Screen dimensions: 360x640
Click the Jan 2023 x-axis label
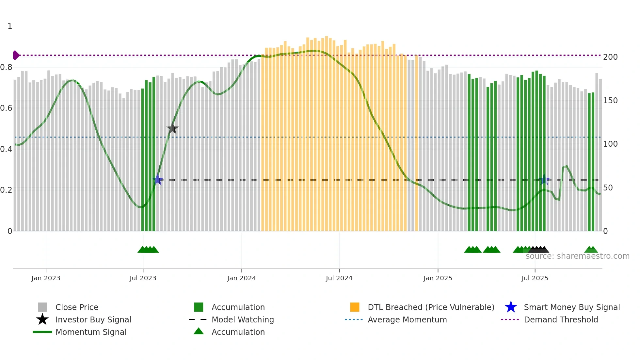(x=46, y=278)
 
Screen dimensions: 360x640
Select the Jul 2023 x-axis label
(x=143, y=278)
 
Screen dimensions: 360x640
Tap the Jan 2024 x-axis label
(x=241, y=278)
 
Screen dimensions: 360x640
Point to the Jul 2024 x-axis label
(x=339, y=278)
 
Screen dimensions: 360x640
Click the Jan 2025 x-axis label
(x=438, y=278)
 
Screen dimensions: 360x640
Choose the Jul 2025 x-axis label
(x=535, y=278)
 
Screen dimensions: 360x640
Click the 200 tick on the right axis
(x=610, y=57)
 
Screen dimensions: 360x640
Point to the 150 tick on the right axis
(x=610, y=101)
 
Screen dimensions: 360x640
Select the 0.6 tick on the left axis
(x=6, y=108)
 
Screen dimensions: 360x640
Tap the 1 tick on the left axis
(x=10, y=26)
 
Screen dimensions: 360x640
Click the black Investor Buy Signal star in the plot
(x=172, y=129)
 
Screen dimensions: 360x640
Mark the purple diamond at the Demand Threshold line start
(x=16, y=55)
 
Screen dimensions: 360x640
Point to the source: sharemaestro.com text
(x=577, y=256)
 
